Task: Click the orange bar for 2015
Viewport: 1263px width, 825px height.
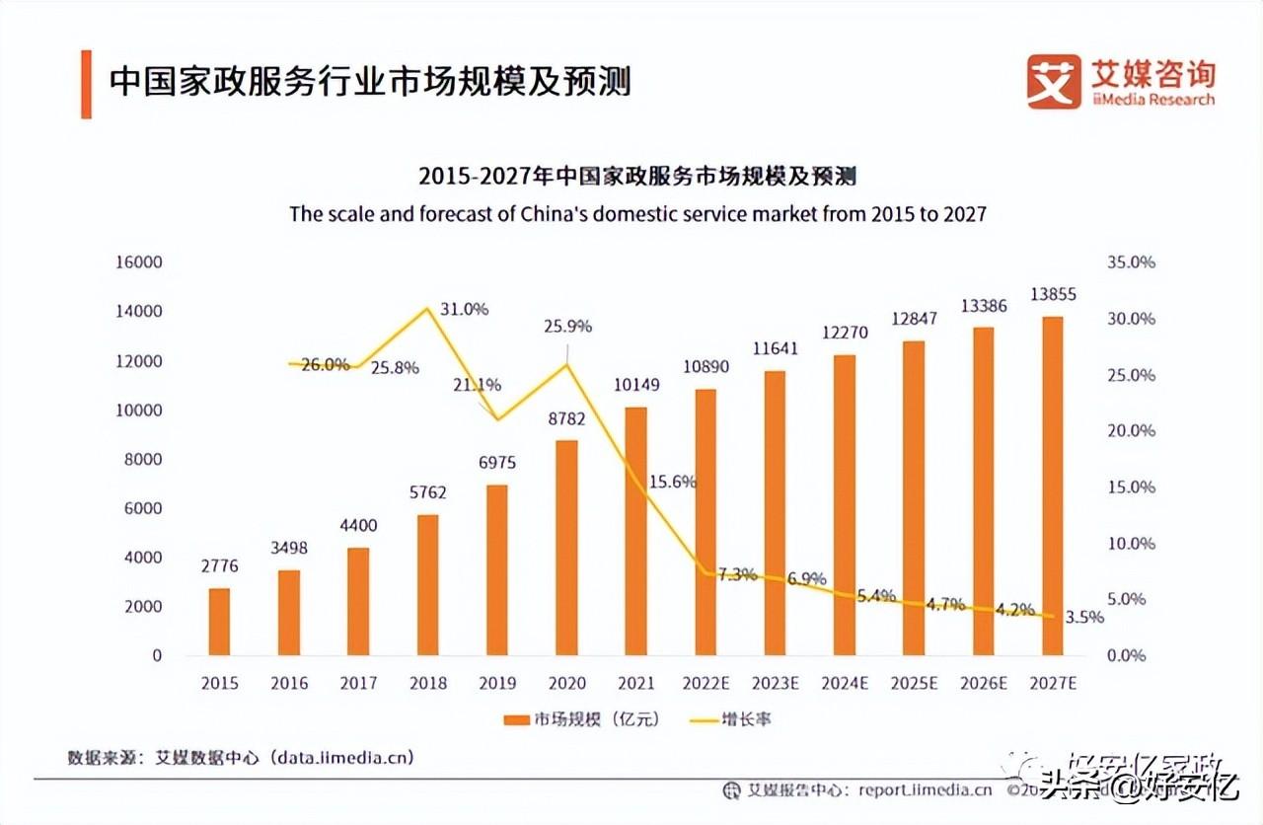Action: [x=219, y=622]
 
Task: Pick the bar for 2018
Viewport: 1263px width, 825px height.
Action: [x=427, y=584]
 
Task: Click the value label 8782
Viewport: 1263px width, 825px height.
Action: [x=566, y=418]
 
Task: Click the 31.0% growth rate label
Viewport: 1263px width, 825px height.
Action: [x=464, y=309]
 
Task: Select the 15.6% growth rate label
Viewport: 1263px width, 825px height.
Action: [x=673, y=483]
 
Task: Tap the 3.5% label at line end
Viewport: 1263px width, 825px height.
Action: [x=1085, y=617]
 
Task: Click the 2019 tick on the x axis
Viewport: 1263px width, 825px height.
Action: [x=497, y=683]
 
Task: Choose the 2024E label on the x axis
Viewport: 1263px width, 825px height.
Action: [x=844, y=683]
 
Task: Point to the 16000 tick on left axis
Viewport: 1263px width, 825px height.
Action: [x=138, y=262]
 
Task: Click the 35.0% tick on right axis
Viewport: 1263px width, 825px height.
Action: [x=1132, y=262]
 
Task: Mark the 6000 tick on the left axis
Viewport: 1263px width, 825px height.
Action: [x=142, y=508]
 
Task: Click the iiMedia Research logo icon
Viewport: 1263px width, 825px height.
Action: [x=1054, y=81]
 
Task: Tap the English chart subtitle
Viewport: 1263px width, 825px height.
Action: [x=637, y=213]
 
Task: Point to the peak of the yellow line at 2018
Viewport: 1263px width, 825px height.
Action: [x=427, y=308]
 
